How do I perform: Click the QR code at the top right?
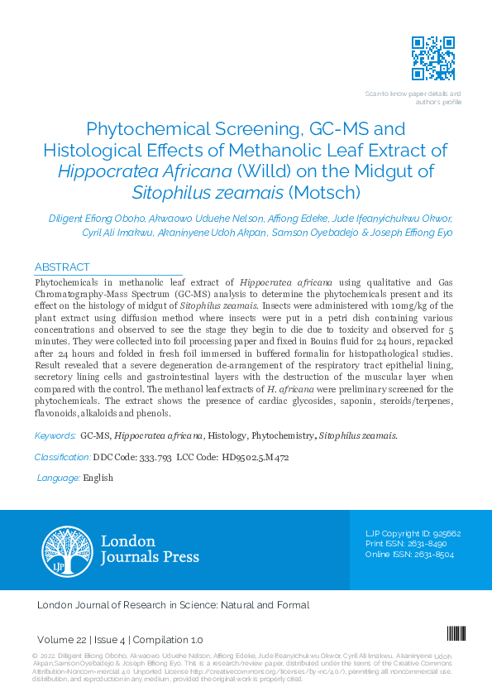click(x=433, y=58)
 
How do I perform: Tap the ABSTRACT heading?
click(x=62, y=267)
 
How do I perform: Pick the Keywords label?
click(x=55, y=435)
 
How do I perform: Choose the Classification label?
click(x=62, y=457)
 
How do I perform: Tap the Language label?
click(x=59, y=478)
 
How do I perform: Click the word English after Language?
click(x=98, y=478)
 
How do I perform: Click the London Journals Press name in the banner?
click(x=149, y=550)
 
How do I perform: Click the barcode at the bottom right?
click(x=456, y=633)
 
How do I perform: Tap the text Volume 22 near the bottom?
click(x=62, y=640)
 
